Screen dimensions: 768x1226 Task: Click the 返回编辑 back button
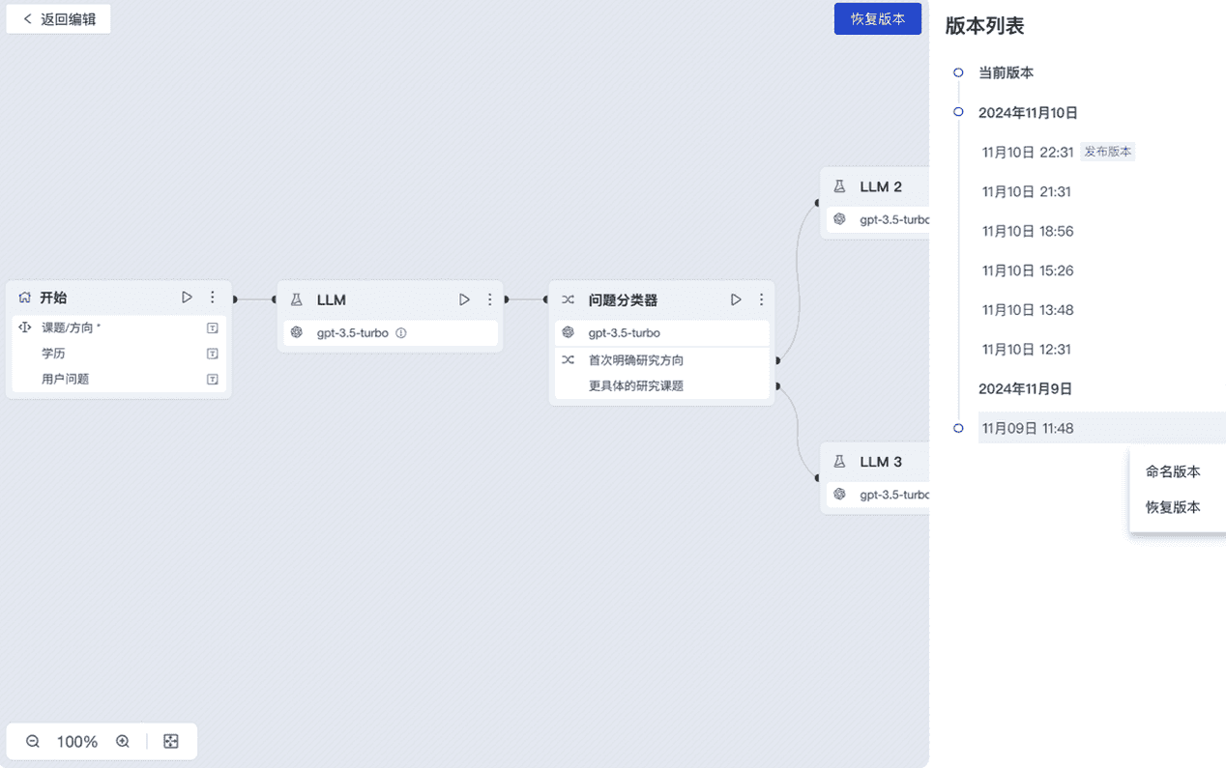point(59,19)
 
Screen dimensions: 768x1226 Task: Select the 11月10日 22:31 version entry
point(1028,152)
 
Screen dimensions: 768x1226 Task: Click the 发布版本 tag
point(1107,152)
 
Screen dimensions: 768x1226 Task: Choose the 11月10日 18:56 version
point(1028,231)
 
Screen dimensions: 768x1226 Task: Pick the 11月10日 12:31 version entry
point(1028,349)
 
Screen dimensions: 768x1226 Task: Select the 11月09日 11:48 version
point(1028,428)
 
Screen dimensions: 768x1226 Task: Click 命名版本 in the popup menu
point(1173,471)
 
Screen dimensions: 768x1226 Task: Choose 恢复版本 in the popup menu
point(1173,507)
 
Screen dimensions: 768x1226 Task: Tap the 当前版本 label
point(1006,72)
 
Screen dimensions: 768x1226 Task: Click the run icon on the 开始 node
point(188,298)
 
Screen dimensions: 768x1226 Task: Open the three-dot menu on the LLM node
point(490,299)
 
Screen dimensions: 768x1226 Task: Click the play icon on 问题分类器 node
point(736,299)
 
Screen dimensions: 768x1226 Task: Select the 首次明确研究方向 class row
point(636,360)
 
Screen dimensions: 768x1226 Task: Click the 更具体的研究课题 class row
point(636,386)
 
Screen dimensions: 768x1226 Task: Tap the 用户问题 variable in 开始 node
point(66,379)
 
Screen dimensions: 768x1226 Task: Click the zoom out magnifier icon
point(33,741)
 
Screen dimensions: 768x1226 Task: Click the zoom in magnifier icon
point(123,741)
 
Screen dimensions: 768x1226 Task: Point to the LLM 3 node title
point(881,462)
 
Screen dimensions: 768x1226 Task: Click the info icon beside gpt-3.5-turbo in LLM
point(401,333)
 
